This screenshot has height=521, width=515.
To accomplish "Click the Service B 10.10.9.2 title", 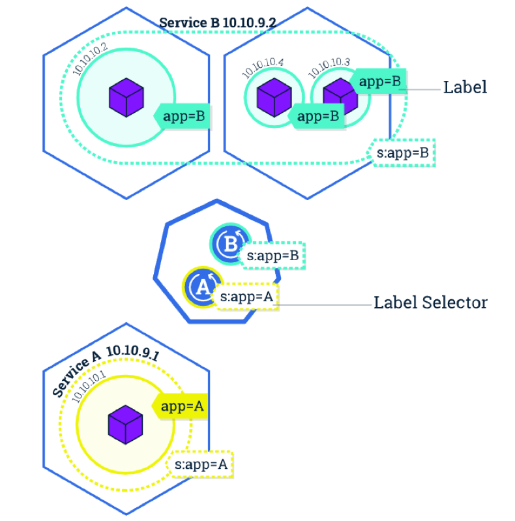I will pos(218,22).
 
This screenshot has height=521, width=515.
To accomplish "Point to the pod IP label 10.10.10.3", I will pos(329,67).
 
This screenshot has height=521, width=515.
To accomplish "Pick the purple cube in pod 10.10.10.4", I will pos(272,97).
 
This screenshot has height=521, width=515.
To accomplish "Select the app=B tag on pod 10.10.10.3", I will pos(381,82).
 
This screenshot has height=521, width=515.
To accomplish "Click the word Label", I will pos(465,87).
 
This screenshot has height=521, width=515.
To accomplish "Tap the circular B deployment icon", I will pos(229,246).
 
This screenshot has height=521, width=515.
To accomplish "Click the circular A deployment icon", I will pos(203,286).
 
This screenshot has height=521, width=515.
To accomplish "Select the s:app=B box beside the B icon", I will pos(272,256).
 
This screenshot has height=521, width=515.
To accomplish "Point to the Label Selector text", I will pos(430,303).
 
